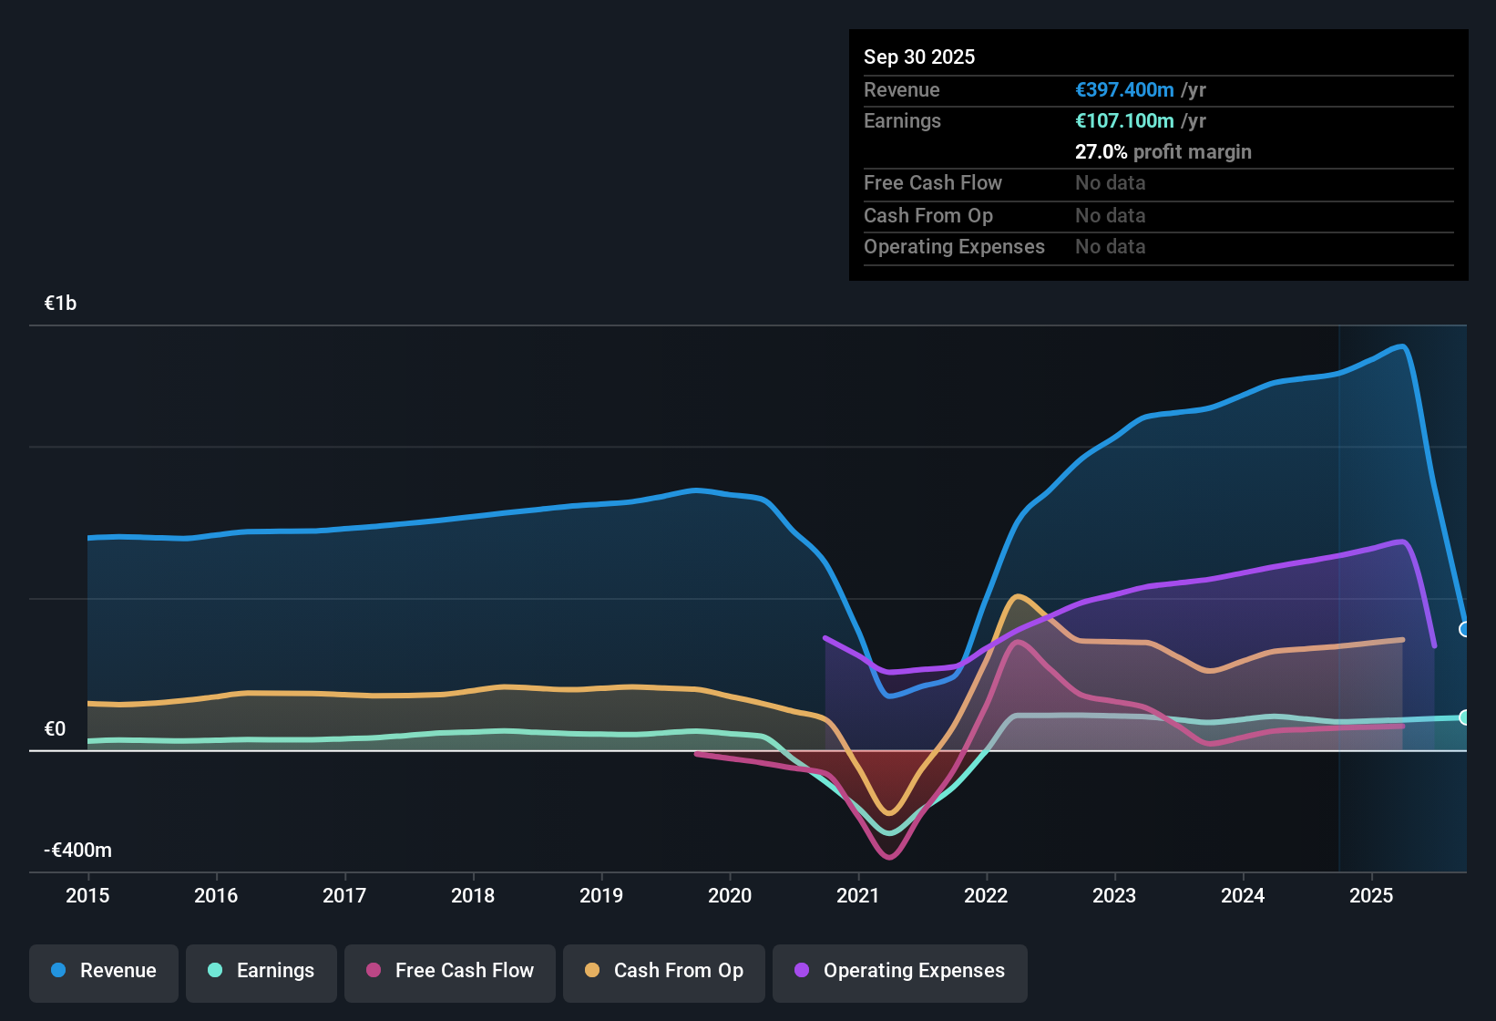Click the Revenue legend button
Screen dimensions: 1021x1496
point(104,971)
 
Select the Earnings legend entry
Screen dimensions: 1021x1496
point(261,971)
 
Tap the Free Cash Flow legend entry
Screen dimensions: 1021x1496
point(450,971)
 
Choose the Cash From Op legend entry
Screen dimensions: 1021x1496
point(664,971)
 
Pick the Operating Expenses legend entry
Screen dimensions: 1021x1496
point(900,971)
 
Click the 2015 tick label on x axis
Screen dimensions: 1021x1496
point(87,895)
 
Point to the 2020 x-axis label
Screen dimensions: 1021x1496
point(730,895)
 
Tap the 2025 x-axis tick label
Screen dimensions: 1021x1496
point(1371,895)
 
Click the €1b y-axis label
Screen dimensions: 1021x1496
point(60,304)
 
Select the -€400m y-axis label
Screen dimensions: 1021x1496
point(78,851)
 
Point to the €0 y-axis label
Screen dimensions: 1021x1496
point(55,729)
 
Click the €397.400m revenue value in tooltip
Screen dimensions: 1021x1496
point(1124,90)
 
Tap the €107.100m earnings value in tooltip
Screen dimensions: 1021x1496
point(1124,121)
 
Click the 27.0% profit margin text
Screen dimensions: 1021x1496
point(1163,152)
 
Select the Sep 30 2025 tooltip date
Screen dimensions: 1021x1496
point(919,57)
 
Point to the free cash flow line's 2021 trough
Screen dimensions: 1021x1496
point(889,857)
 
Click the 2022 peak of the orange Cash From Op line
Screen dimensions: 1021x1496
point(1018,596)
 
